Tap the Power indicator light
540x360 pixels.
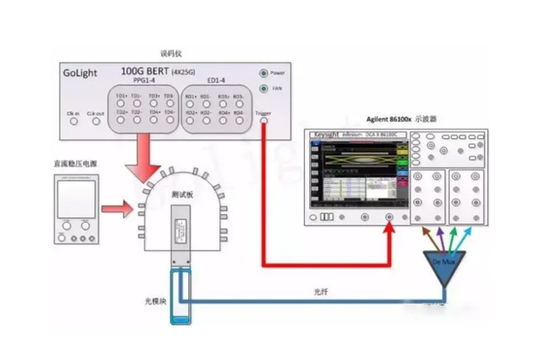263,73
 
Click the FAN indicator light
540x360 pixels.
263,88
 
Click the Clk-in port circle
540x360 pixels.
73,122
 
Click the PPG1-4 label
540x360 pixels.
144,84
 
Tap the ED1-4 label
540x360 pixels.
216,84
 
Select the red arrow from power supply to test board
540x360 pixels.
116,208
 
